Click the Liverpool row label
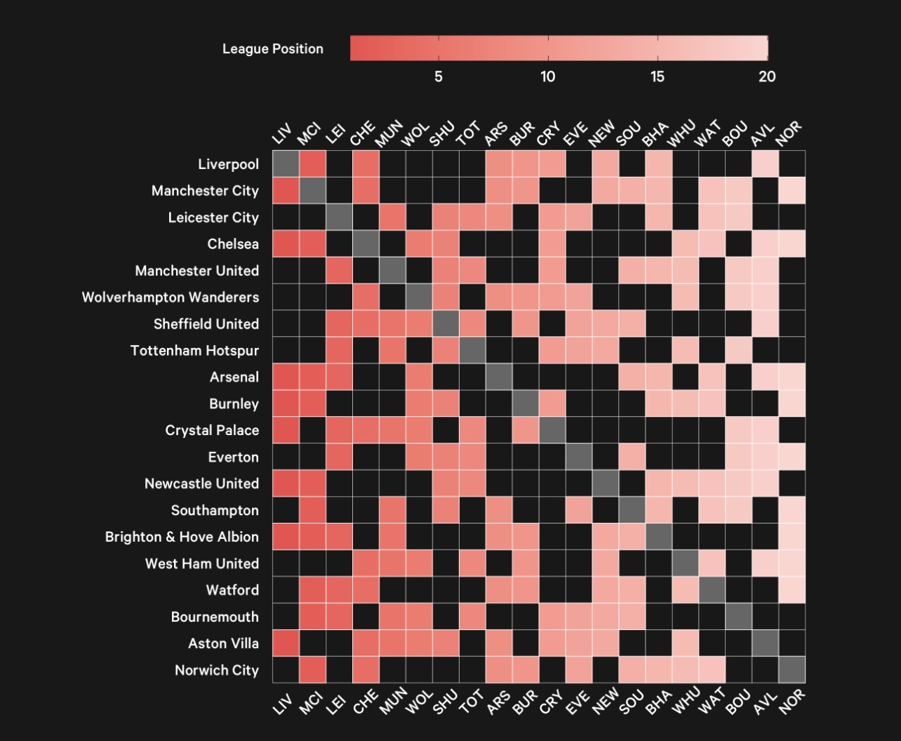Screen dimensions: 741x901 coord(228,164)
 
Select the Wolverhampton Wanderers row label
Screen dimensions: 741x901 coord(171,297)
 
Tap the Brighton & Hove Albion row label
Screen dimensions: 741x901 coord(182,537)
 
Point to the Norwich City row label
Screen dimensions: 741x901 coord(217,670)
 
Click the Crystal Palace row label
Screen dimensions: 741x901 coord(212,430)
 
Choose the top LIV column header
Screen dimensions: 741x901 coord(282,133)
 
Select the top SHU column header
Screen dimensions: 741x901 coord(442,133)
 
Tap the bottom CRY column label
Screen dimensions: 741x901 coord(549,700)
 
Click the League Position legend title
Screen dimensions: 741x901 coord(273,49)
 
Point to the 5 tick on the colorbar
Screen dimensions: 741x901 coord(439,76)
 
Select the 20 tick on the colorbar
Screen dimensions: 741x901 coord(767,76)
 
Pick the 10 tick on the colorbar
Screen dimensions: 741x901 coord(548,76)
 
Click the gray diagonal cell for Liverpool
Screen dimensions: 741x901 coord(286,164)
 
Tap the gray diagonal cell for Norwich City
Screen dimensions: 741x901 coord(792,670)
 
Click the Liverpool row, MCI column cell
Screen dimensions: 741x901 coord(312,164)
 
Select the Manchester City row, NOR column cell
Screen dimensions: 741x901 coord(792,191)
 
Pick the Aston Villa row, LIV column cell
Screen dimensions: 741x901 coord(286,643)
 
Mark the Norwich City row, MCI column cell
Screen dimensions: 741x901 coord(312,670)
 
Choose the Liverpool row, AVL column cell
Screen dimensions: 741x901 coord(766,164)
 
